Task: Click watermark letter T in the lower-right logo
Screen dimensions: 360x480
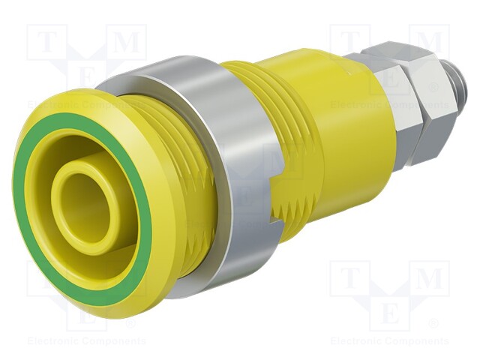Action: click(349, 279)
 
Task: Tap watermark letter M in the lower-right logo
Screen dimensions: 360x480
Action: click(429, 279)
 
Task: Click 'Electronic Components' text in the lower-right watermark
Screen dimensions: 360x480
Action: click(389, 341)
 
